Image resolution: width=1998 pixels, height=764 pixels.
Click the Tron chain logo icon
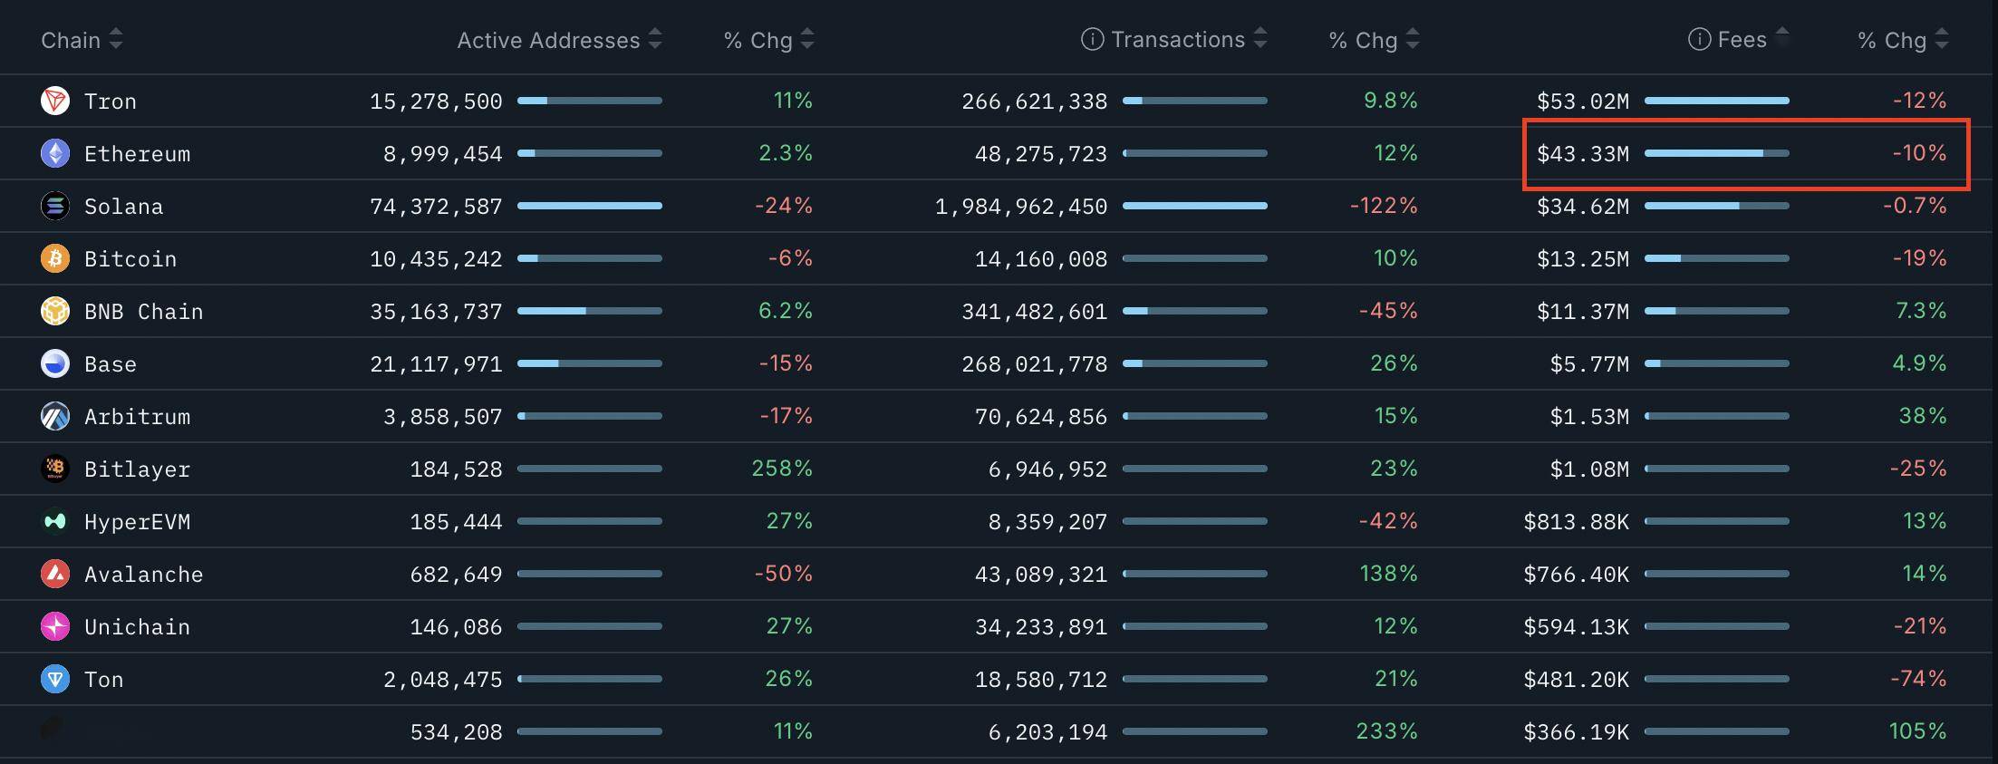[x=55, y=101]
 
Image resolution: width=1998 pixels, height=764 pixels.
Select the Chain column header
[x=71, y=40]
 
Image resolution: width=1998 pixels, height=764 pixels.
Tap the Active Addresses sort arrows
[x=655, y=39]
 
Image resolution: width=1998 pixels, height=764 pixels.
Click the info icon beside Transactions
[x=1092, y=39]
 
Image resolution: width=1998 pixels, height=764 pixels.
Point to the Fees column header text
[x=1742, y=40]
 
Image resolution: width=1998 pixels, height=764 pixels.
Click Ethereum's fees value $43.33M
[x=1582, y=154]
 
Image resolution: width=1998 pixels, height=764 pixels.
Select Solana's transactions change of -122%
[x=1383, y=206]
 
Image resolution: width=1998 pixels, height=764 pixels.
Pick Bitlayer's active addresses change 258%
[x=781, y=469]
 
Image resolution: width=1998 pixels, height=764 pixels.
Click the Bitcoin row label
[x=130, y=259]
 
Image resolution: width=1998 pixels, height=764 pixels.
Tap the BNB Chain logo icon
[x=55, y=311]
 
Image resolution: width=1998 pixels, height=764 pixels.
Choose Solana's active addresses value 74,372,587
[x=436, y=207]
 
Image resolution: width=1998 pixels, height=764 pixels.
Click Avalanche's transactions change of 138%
[x=1387, y=574]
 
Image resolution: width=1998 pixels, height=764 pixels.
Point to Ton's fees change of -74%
[x=1917, y=679]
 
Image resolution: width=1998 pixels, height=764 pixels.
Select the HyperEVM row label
[x=137, y=522]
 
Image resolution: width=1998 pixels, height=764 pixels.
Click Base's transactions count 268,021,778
[x=1034, y=364]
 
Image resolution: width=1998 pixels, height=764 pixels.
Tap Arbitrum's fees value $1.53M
[x=1588, y=417]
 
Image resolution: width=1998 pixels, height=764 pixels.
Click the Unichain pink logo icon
[x=55, y=626]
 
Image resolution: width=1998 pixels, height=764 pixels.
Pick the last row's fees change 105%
[x=1917, y=731]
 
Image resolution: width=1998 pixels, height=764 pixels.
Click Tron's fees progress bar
[x=1716, y=101]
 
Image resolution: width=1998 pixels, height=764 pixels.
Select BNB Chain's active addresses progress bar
[x=589, y=311]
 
